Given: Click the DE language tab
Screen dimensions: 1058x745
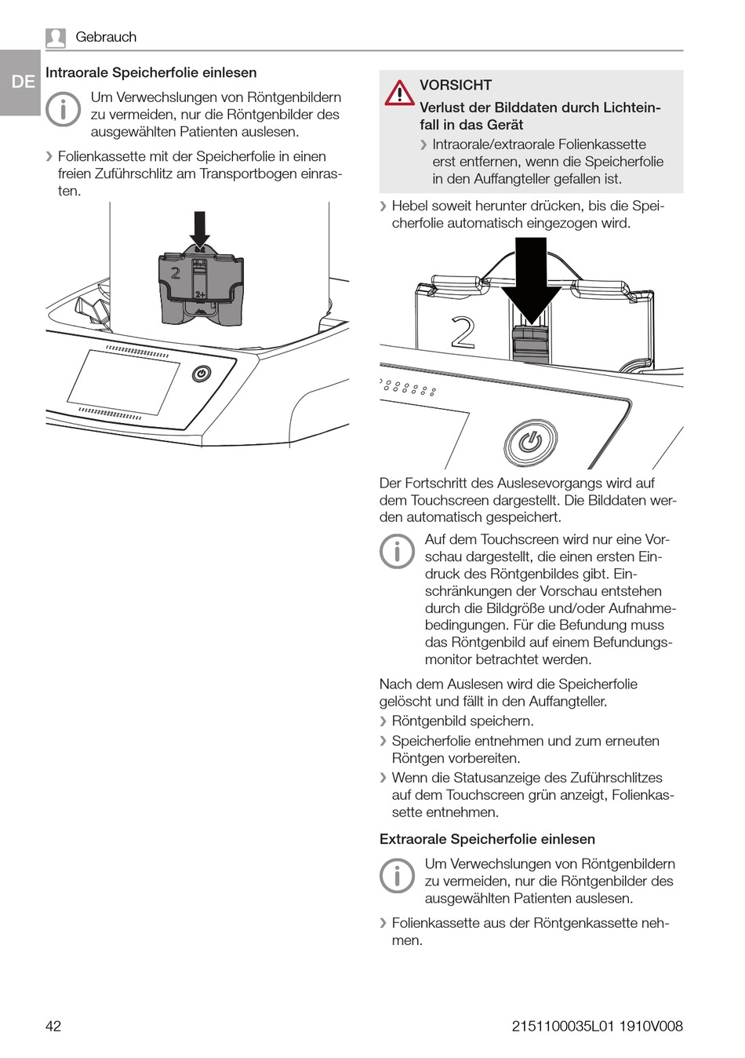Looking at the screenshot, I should coord(22,82).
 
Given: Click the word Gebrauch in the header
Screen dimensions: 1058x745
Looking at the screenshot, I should coord(106,37).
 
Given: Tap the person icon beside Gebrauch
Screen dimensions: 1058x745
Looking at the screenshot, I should coord(56,37).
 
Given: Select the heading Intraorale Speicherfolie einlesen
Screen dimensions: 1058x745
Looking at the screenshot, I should coord(151,73).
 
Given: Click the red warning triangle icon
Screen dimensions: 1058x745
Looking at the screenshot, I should coord(399,93).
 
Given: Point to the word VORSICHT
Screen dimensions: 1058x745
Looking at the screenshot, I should coord(456,85).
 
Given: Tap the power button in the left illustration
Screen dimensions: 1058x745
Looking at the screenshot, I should coord(202,374).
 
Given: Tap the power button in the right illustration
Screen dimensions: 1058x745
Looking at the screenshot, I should coord(530,443).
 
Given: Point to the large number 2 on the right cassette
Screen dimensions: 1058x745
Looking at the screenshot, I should coord(463,333).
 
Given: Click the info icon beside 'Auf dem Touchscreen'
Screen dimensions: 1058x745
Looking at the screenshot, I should coord(397,552).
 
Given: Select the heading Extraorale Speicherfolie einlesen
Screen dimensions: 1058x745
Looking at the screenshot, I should coord(487,839).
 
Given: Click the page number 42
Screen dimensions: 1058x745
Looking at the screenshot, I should coord(53,1026).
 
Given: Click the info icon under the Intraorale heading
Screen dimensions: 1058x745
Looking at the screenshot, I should coord(64,109).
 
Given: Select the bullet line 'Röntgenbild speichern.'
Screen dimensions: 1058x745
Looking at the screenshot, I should coord(463,721).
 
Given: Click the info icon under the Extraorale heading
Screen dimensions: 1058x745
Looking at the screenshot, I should coord(397,875).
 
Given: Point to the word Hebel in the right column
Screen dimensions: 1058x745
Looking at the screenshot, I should coord(409,206).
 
